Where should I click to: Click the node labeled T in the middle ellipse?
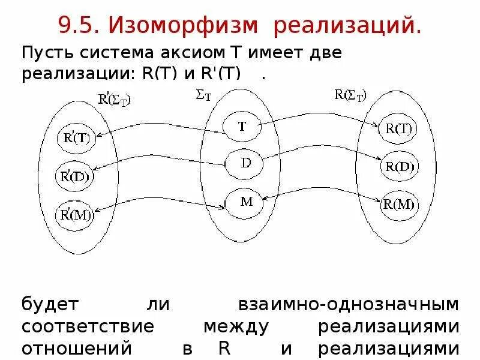[242, 127]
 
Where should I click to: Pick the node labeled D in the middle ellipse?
[245, 163]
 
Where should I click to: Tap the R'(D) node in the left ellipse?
[75, 176]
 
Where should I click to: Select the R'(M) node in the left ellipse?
[75, 215]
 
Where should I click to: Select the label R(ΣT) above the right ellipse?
[350, 94]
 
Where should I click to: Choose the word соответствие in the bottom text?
[88, 327]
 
